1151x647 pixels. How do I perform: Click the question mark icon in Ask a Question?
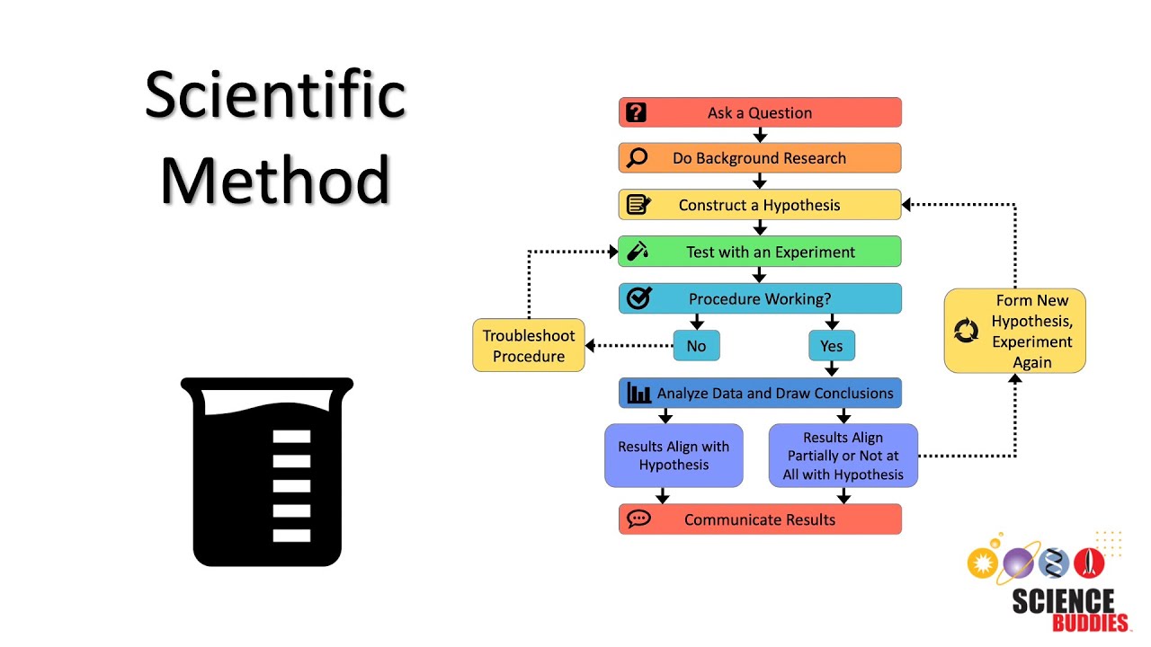click(637, 112)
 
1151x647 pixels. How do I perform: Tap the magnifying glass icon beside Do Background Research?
click(637, 158)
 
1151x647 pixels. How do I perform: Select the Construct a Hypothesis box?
click(759, 205)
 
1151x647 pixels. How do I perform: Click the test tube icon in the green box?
click(638, 252)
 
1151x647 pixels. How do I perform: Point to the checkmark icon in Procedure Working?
click(638, 298)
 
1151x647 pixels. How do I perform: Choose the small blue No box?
click(696, 346)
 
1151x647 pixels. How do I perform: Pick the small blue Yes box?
click(832, 346)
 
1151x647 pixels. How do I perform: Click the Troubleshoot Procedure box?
click(529, 346)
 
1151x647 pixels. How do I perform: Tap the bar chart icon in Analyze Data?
click(639, 393)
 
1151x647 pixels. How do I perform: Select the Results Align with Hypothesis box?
click(674, 456)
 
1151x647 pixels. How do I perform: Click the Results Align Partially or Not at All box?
click(843, 456)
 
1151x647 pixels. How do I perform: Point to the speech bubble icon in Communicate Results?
click(638, 519)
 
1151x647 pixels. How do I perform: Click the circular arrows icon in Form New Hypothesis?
click(966, 332)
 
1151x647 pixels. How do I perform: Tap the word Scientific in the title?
click(275, 96)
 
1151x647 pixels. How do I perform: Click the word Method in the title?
click(275, 180)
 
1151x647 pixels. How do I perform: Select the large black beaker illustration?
click(267, 472)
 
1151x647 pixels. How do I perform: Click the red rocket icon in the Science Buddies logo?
click(1089, 563)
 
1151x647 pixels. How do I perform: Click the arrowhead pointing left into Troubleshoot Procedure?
click(592, 345)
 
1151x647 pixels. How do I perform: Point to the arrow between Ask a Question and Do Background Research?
click(760, 135)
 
